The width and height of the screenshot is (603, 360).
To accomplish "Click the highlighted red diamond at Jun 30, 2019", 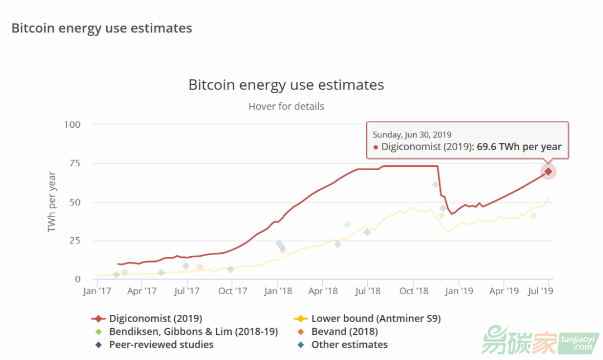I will pos(548,171).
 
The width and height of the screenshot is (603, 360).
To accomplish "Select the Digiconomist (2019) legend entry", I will pos(155,319).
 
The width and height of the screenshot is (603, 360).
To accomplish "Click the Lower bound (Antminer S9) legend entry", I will pos(376,319).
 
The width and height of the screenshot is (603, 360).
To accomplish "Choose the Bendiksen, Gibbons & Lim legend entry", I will pos(193,332).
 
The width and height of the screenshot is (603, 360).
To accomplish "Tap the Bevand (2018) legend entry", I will pos(344,332).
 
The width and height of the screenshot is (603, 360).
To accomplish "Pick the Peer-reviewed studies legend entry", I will pos(161,344).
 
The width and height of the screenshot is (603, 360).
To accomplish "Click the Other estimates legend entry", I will pos(349,344).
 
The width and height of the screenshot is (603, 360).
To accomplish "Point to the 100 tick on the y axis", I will pos(73,124).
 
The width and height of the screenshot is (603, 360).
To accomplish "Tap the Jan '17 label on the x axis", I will pos(97,291).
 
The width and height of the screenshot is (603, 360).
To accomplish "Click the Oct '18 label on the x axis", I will pos(414,291).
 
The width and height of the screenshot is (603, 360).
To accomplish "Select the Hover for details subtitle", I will pos(286,106).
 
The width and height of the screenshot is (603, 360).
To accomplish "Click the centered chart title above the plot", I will pos(286,85).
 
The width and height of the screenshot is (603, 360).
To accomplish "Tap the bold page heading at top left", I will pos(102,28).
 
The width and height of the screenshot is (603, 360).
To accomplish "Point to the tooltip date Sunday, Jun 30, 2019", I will pos(412,135).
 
